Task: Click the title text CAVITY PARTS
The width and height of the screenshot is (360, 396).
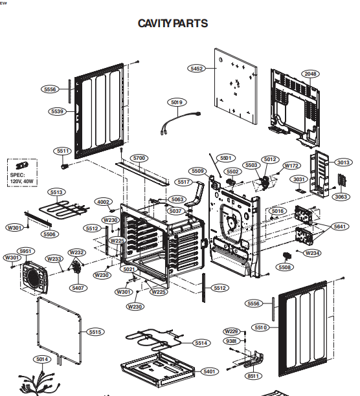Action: tap(173, 24)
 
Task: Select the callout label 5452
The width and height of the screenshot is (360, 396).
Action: tap(197, 68)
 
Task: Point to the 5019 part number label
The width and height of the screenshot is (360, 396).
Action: tap(177, 102)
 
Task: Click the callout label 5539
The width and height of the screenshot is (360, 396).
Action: tap(57, 111)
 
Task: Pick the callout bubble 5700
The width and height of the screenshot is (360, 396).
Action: tap(139, 158)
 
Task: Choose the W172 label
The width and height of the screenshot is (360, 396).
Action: tap(292, 166)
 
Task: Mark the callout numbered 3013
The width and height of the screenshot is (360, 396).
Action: tap(343, 162)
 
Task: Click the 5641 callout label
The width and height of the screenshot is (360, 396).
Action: tap(340, 226)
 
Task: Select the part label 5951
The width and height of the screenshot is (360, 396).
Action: tap(27, 251)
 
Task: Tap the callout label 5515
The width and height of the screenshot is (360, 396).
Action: tap(95, 332)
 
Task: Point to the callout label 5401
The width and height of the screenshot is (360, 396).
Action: tap(209, 371)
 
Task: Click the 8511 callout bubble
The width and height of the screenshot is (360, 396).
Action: tap(252, 376)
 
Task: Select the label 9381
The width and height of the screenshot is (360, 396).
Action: tap(231, 341)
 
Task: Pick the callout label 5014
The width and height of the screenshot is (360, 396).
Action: tap(42, 359)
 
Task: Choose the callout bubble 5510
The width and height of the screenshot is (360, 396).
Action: tap(260, 327)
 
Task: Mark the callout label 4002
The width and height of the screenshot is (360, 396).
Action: tap(103, 202)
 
